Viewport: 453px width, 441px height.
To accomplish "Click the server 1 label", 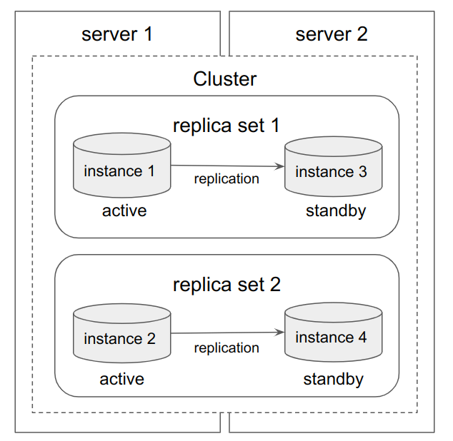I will (x=117, y=34).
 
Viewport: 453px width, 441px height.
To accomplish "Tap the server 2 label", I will (x=332, y=34).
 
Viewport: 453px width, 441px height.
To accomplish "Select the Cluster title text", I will (x=225, y=78).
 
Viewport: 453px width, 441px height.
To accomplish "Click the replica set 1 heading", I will (x=226, y=126).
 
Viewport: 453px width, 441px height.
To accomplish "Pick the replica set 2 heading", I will (x=226, y=285).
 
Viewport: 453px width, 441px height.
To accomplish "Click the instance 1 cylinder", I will (x=122, y=166).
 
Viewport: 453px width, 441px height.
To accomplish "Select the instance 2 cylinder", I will (x=122, y=334).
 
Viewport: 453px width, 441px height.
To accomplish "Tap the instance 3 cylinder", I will (x=332, y=167).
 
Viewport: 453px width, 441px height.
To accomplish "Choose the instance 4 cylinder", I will (x=332, y=333).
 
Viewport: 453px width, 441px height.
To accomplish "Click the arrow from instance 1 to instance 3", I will (x=227, y=166).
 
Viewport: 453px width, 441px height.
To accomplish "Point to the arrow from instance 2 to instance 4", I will (x=227, y=333).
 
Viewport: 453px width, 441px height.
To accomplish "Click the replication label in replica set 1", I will (x=226, y=179).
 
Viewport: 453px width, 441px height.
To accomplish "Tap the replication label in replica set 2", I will (x=226, y=348).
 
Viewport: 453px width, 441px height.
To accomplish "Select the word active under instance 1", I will (x=124, y=211).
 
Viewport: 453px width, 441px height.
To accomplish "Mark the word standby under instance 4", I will (x=333, y=379).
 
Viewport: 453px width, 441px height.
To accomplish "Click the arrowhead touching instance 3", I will (x=279, y=166).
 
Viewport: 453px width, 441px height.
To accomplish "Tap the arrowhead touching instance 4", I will (x=279, y=333).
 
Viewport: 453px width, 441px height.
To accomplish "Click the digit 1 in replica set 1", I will (x=274, y=126).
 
